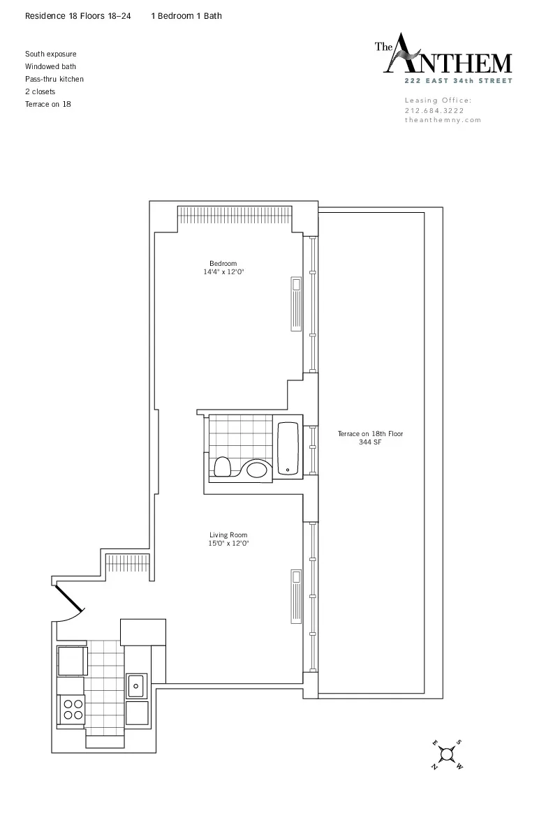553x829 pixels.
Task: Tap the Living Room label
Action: click(x=228, y=535)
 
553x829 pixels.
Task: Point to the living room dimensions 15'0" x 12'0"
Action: click(x=229, y=544)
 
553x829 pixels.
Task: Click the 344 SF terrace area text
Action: click(x=370, y=442)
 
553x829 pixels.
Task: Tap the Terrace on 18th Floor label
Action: click(x=370, y=434)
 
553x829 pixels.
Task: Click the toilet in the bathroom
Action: click(x=223, y=466)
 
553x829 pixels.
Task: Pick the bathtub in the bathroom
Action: click(x=288, y=448)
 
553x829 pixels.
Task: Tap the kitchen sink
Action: click(x=135, y=685)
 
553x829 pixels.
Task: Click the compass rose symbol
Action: click(x=447, y=755)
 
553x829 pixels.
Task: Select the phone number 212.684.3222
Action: click(x=434, y=110)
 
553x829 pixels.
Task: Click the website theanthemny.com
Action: click(x=443, y=120)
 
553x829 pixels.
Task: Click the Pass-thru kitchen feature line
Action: click(x=54, y=79)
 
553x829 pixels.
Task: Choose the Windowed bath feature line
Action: click(x=50, y=66)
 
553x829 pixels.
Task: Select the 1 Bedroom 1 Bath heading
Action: click(x=186, y=15)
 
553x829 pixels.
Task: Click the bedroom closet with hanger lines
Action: click(x=234, y=216)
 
